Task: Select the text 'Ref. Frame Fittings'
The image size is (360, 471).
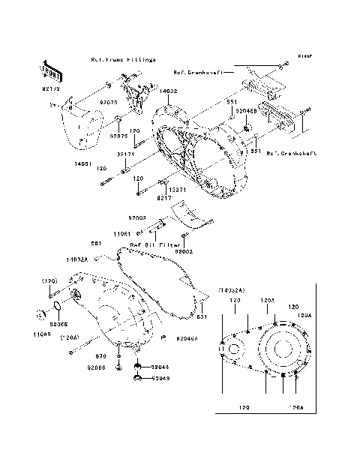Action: click(x=122, y=58)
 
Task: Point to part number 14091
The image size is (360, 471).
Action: click(x=82, y=163)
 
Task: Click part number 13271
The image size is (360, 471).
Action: click(x=175, y=190)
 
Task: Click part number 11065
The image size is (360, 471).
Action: click(x=42, y=332)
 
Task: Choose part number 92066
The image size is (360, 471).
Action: click(x=95, y=367)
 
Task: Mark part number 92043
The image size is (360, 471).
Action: click(x=160, y=367)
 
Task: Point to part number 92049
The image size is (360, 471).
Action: click(x=160, y=379)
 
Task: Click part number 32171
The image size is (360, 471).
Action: click(x=124, y=153)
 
